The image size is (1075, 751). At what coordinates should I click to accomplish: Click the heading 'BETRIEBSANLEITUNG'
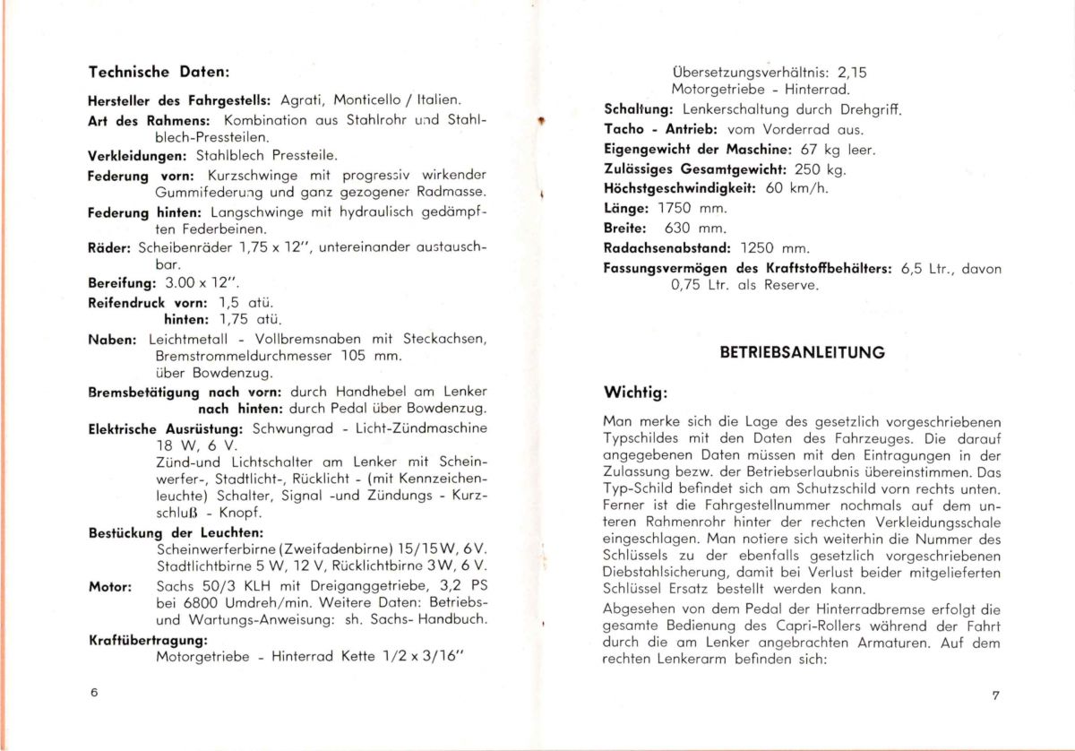click(802, 352)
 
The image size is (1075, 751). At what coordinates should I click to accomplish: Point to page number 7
click(994, 695)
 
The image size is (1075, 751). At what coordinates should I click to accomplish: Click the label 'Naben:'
click(112, 340)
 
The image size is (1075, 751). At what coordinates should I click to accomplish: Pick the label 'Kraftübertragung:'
click(148, 640)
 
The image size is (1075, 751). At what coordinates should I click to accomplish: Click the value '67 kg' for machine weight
click(817, 149)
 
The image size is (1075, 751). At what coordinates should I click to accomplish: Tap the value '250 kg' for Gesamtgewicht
click(821, 168)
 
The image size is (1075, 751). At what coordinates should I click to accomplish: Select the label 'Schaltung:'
click(638, 109)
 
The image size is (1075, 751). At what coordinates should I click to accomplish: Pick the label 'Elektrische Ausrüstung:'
click(168, 427)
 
